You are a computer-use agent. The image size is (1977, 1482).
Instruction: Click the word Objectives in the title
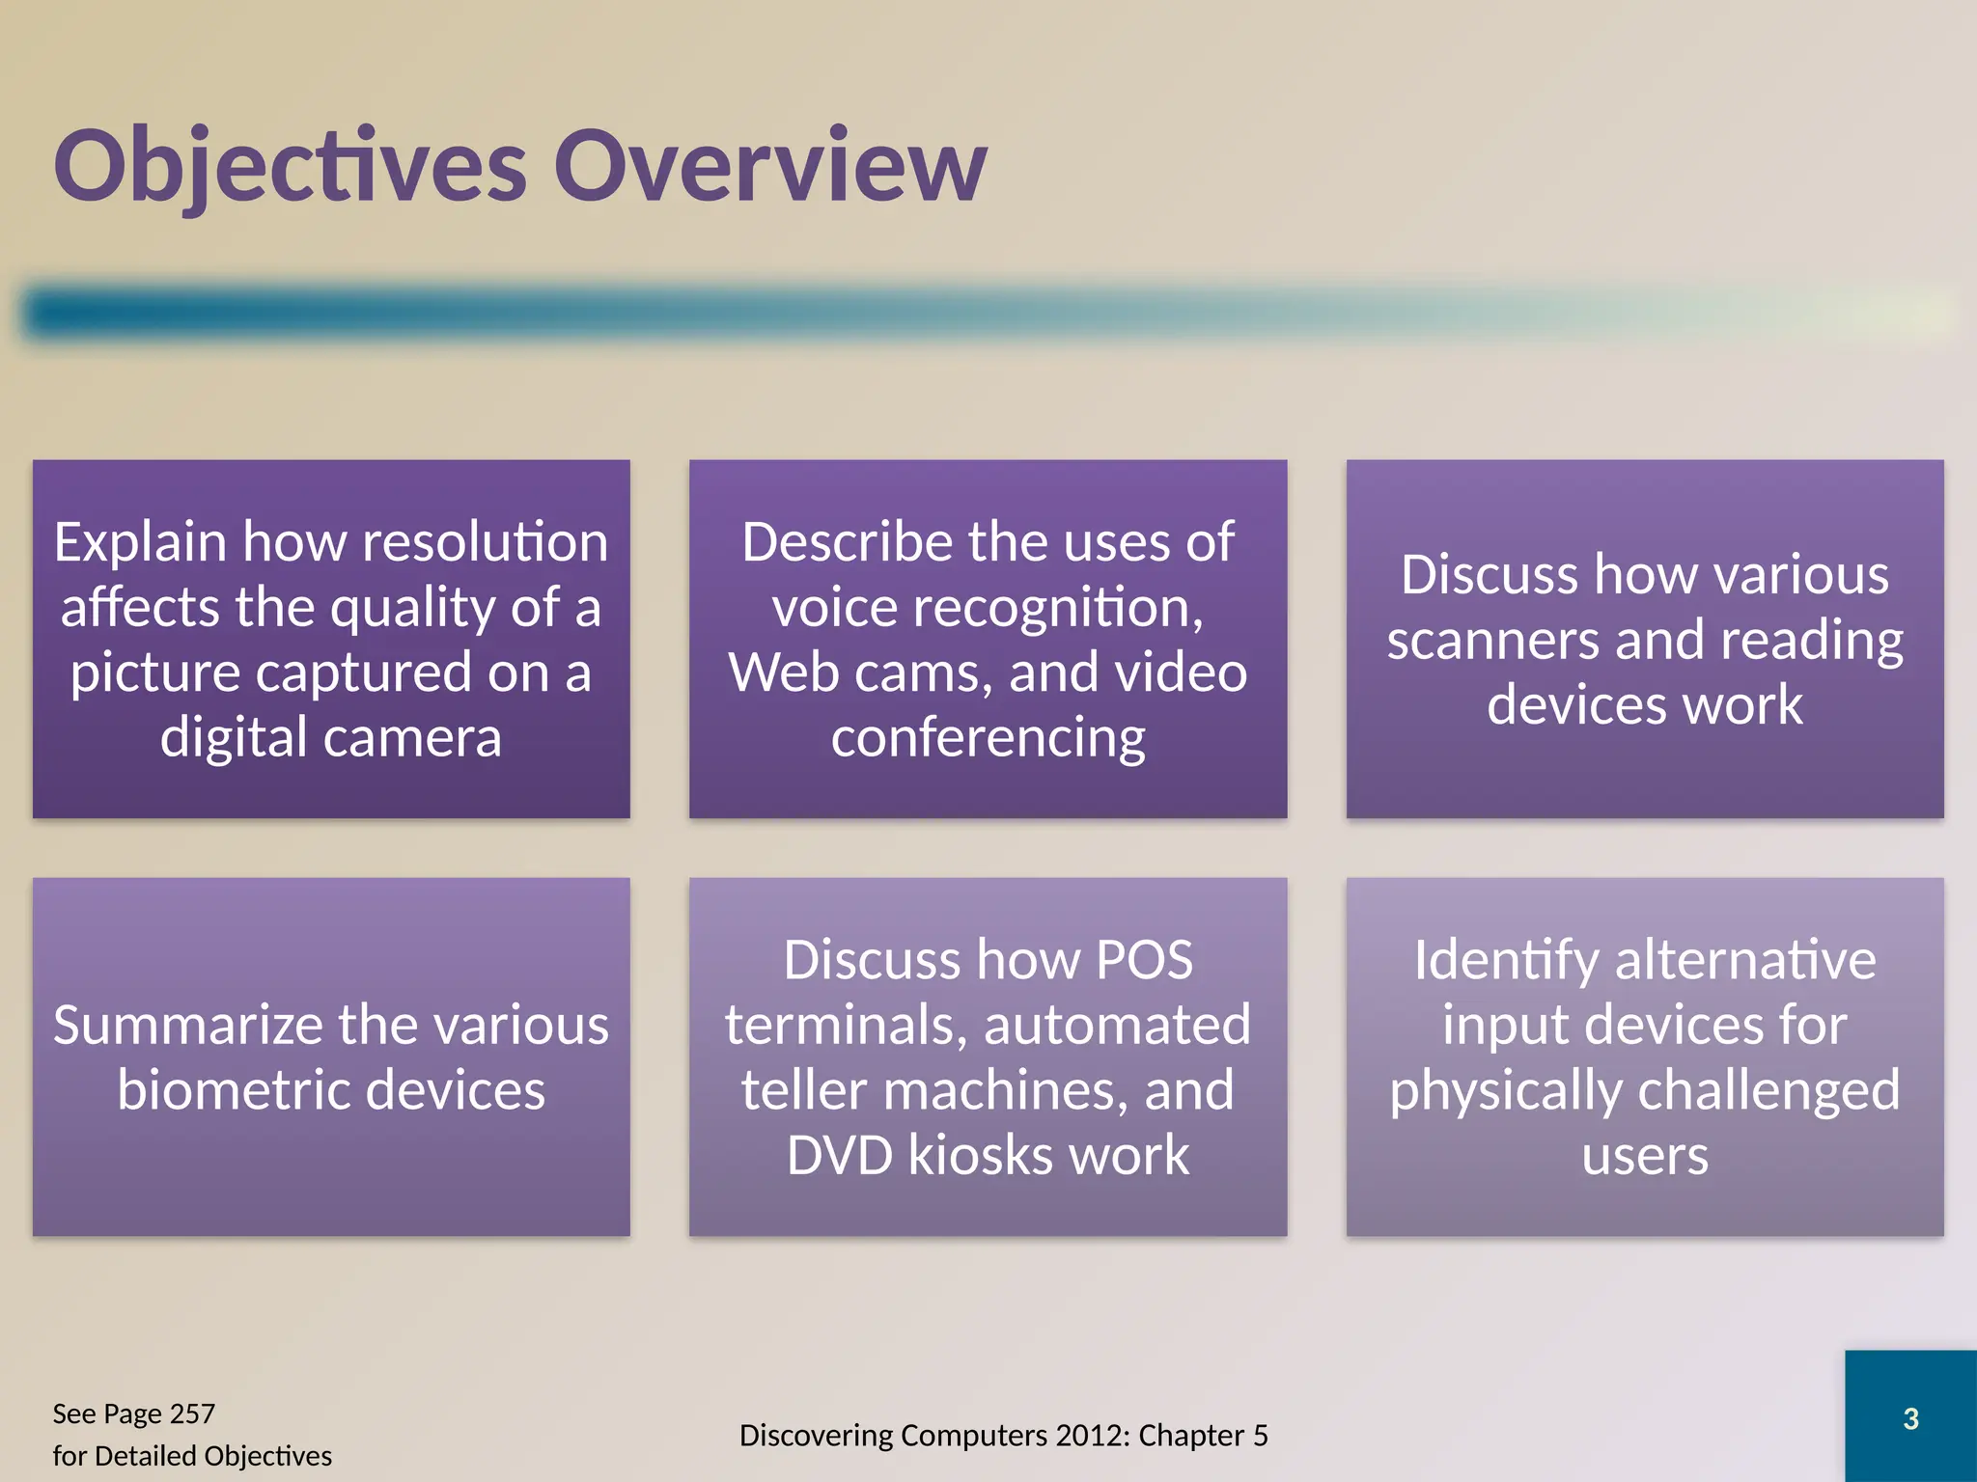point(290,166)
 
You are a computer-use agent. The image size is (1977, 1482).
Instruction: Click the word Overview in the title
point(769,166)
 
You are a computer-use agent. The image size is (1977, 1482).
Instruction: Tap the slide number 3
point(1910,1418)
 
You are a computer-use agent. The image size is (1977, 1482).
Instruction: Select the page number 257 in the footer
point(192,1413)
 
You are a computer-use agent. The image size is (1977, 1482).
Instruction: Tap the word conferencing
point(988,737)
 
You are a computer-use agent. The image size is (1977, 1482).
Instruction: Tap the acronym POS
point(1144,960)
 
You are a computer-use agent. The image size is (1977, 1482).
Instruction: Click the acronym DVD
point(839,1155)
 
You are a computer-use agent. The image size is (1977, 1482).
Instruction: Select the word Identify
point(1506,960)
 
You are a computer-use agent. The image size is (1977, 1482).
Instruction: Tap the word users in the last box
point(1644,1155)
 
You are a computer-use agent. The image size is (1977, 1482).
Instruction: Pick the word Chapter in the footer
point(1191,1436)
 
